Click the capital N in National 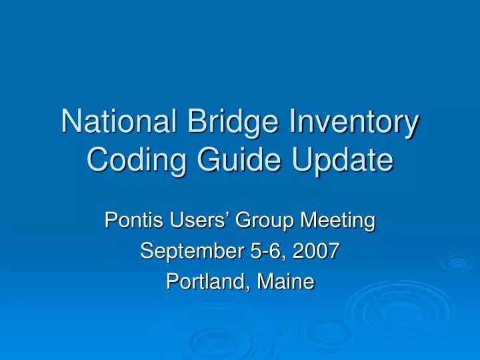coord(69,124)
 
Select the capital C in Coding coord(97,161)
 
